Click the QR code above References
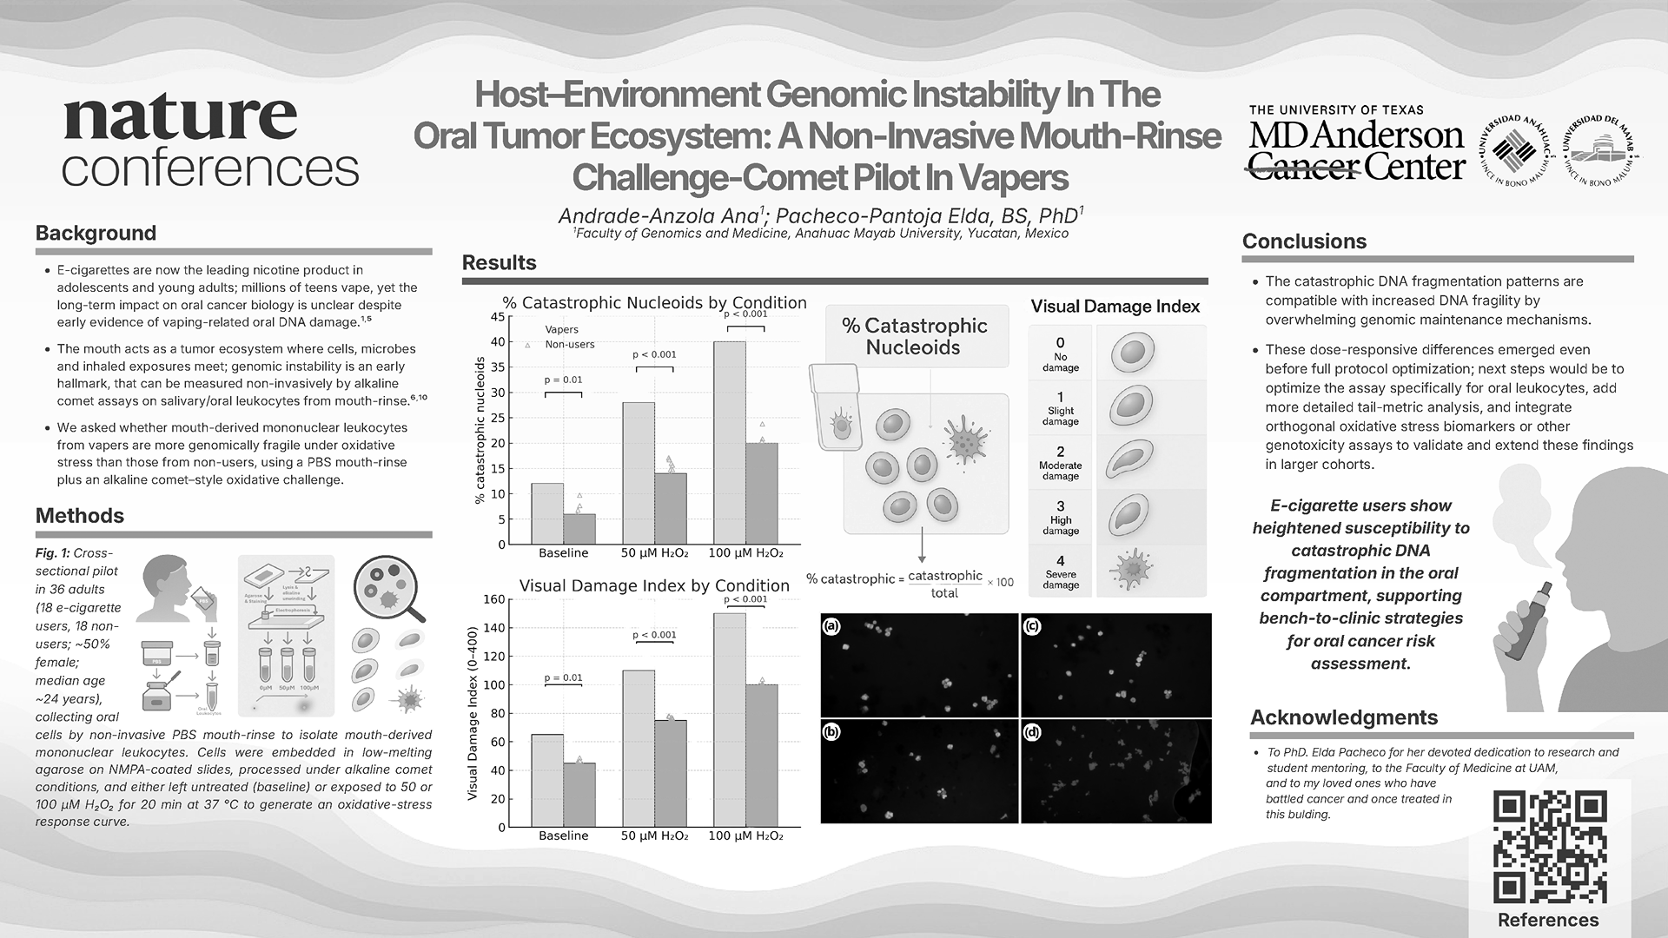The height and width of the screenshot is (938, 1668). point(1549,847)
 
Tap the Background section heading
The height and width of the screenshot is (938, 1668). point(96,233)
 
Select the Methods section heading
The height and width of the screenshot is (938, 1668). point(80,515)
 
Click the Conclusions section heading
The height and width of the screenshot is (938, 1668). point(1304,241)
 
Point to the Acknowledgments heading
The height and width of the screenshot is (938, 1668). point(1344,717)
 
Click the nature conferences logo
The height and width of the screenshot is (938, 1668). point(210,142)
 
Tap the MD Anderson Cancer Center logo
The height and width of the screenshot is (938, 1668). point(1356,144)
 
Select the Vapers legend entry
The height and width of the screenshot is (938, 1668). point(561,330)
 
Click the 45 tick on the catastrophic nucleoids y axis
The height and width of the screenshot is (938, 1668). point(498,317)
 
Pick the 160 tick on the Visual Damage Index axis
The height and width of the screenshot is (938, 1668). point(494,599)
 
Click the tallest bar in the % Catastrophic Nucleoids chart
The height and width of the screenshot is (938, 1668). point(729,443)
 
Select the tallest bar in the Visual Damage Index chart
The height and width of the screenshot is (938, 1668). point(729,720)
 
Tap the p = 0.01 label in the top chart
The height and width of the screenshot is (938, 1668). point(563,380)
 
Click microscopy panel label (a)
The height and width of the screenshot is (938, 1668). point(832,625)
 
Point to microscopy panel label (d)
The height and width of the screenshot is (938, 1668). point(1032,732)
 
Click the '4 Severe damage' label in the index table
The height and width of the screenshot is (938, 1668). point(1061,571)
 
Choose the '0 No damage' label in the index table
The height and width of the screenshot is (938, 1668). point(1061,353)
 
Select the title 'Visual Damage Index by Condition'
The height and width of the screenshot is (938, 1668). point(654,585)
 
